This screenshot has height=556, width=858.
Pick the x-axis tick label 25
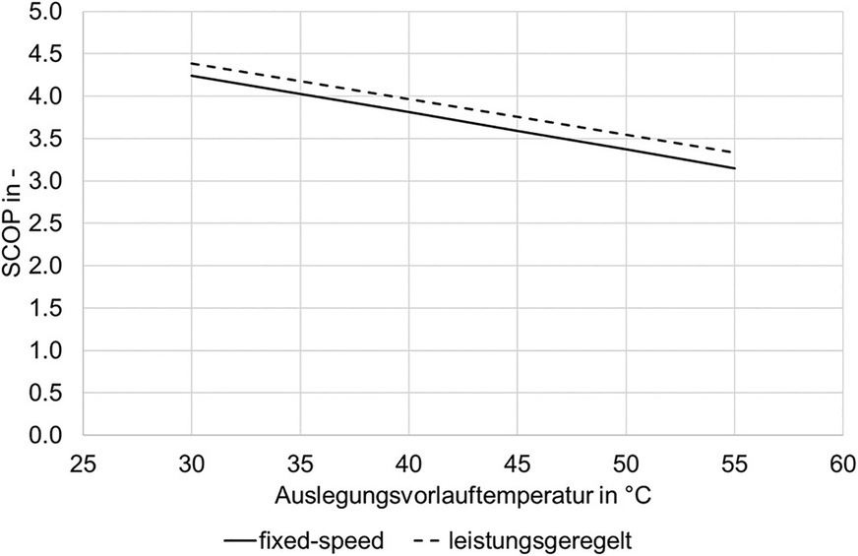coord(84,462)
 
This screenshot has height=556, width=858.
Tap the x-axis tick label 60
coord(842,462)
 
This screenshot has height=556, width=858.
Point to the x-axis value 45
coord(518,462)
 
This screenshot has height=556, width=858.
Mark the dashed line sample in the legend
coord(424,539)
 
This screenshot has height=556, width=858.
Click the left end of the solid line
coord(192,76)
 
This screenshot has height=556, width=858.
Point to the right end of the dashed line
coord(734,153)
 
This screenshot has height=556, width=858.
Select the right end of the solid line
coord(734,168)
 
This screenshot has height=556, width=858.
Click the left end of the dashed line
coord(192,63)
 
